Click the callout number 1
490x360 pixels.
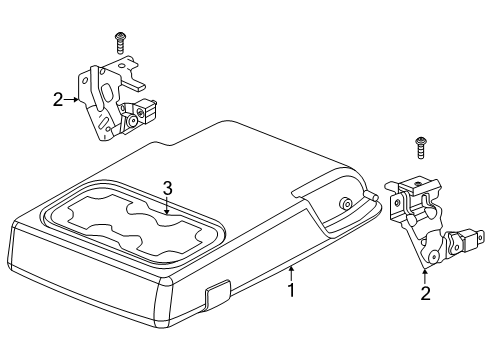click(x=291, y=290)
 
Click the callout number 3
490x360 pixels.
click(x=167, y=188)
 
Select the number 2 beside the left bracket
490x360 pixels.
click(x=58, y=99)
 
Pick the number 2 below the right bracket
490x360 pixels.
click(x=425, y=293)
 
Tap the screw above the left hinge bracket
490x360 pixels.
click(x=120, y=43)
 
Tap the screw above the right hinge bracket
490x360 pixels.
click(x=421, y=148)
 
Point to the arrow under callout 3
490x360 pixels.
click(x=167, y=205)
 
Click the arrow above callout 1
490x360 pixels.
click(x=291, y=273)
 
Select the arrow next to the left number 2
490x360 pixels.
click(x=71, y=99)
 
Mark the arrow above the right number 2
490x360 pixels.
click(x=425, y=276)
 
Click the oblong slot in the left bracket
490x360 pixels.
click(x=107, y=93)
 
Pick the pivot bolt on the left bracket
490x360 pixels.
click(x=132, y=120)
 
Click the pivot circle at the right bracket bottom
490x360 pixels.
click(x=433, y=256)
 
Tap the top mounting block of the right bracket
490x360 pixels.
click(x=418, y=186)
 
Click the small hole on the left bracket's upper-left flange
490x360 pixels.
click(x=85, y=80)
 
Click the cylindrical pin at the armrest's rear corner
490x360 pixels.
click(x=371, y=195)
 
